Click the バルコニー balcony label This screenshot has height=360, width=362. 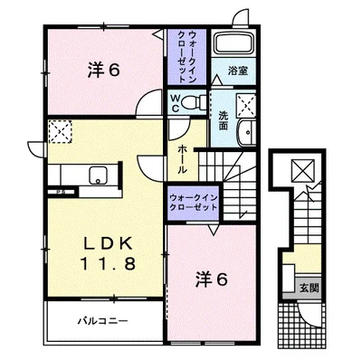pyautogui.click(x=102, y=321)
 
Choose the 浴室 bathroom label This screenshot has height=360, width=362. pyautogui.click(x=238, y=69)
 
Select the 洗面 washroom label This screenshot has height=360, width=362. pyautogui.click(x=223, y=120)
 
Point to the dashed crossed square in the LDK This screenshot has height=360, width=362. pyautogui.click(x=60, y=132)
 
